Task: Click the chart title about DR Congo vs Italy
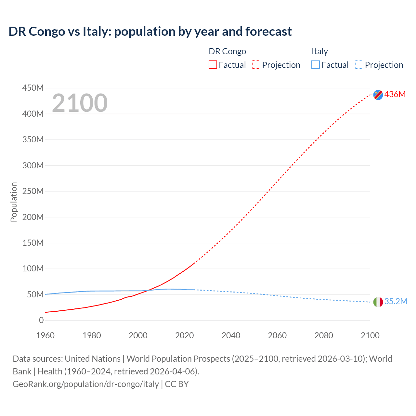[150, 32]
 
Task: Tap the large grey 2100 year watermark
[80, 103]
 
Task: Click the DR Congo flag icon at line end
[378, 95]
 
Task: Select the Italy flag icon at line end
[378, 302]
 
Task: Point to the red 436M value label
[395, 95]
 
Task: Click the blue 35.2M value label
[396, 302]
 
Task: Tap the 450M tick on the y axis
[33, 88]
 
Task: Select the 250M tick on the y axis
[33, 191]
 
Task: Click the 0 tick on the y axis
[41, 320]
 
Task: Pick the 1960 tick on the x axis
[45, 335]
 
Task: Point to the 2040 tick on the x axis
[231, 335]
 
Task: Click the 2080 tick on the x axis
[324, 335]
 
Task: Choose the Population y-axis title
[14, 202]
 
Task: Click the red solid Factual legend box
[213, 65]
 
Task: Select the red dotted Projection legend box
[256, 65]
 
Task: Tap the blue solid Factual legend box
[316, 65]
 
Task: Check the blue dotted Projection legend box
[359, 65]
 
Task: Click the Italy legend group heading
[320, 51]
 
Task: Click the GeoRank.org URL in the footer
[86, 384]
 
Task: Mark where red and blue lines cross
[149, 290]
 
